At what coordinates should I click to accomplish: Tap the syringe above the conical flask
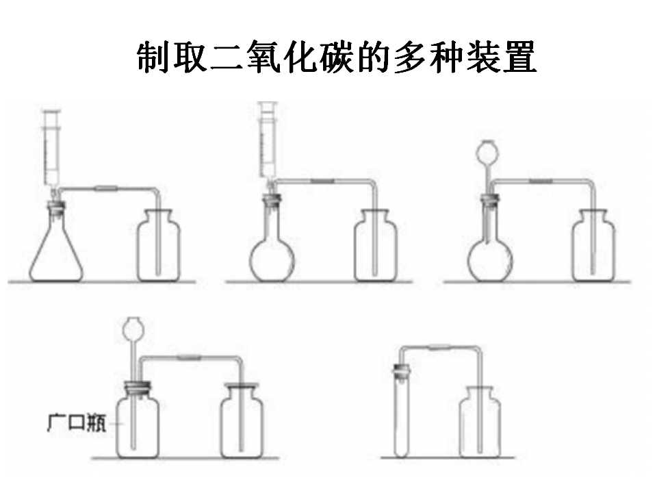pos(52,151)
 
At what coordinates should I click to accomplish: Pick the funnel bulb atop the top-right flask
pos(488,152)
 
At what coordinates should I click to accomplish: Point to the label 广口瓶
pos(77,422)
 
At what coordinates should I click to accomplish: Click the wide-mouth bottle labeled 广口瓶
pos(138,423)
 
